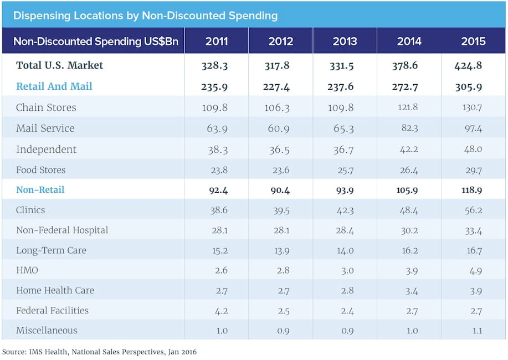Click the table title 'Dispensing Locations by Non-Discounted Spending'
[x=145, y=15]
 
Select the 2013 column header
[x=345, y=42]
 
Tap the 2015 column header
[x=473, y=42]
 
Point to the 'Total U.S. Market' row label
[x=59, y=65]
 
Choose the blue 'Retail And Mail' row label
[x=54, y=86]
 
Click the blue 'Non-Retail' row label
[x=40, y=189]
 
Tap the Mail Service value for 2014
[x=409, y=128]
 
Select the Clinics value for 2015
[x=473, y=210]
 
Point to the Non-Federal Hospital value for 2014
[x=409, y=230]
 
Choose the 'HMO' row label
[x=27, y=270]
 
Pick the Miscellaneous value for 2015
[x=473, y=331]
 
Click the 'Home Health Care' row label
[x=55, y=290]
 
